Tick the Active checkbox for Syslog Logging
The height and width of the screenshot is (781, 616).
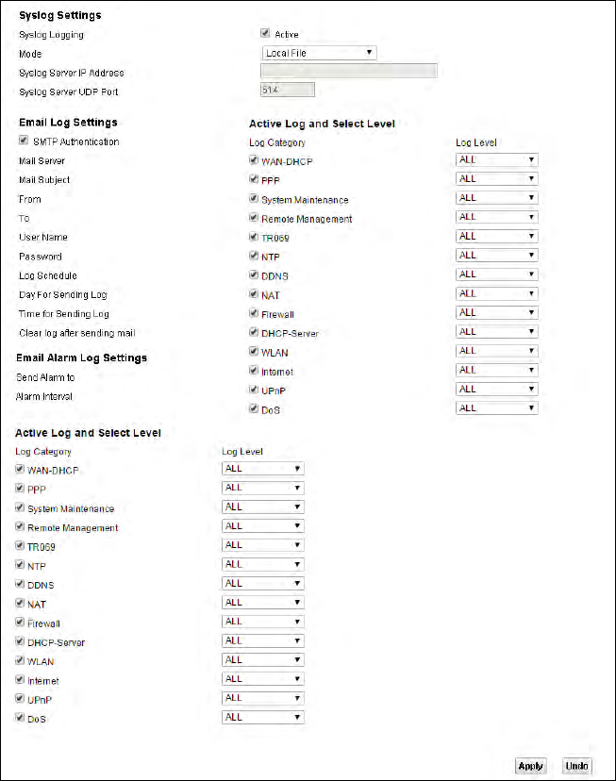coord(266,34)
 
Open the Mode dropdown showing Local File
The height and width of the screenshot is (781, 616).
coord(319,53)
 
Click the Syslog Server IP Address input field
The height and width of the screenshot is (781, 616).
coord(348,72)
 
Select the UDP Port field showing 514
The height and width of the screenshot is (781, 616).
coord(287,91)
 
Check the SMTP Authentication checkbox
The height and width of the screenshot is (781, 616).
coord(24,141)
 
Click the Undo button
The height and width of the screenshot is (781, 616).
coord(577,766)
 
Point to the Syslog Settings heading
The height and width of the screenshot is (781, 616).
coord(60,15)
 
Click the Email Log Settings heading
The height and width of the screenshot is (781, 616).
coord(68,122)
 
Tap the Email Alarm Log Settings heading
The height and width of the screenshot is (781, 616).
coord(82,357)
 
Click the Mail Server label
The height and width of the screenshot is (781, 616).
coord(42,161)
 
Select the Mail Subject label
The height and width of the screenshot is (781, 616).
coord(44,180)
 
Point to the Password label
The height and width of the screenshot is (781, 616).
coord(41,257)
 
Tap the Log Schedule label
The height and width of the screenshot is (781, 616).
coord(48,275)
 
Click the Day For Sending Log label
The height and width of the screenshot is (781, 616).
coord(63,295)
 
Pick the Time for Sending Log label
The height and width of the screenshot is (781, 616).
coord(64,314)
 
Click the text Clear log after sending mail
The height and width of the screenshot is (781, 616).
coord(76,333)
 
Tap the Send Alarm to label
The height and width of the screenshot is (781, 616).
coord(46,377)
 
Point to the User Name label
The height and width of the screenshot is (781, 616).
coord(43,238)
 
